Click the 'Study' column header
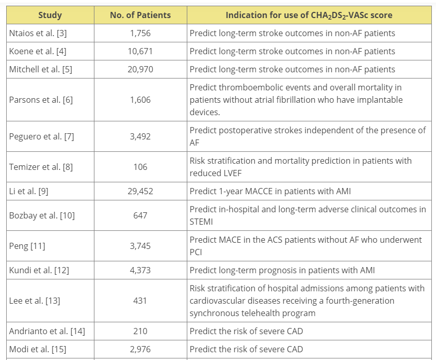point(50,15)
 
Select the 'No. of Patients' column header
point(140,15)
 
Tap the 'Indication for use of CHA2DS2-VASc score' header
point(309,15)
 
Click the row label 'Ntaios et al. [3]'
point(38,33)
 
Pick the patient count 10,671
point(140,51)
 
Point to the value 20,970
point(140,69)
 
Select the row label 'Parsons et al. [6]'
point(41,100)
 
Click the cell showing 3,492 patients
point(140,136)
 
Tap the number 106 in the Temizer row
point(140,167)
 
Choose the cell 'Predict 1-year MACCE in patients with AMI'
point(270,191)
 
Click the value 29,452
point(140,191)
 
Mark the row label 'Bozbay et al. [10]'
point(42,215)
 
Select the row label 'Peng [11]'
point(27,246)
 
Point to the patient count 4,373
point(140,270)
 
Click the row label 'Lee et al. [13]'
point(35,301)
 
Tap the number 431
point(140,301)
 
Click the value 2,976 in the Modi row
point(140,349)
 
